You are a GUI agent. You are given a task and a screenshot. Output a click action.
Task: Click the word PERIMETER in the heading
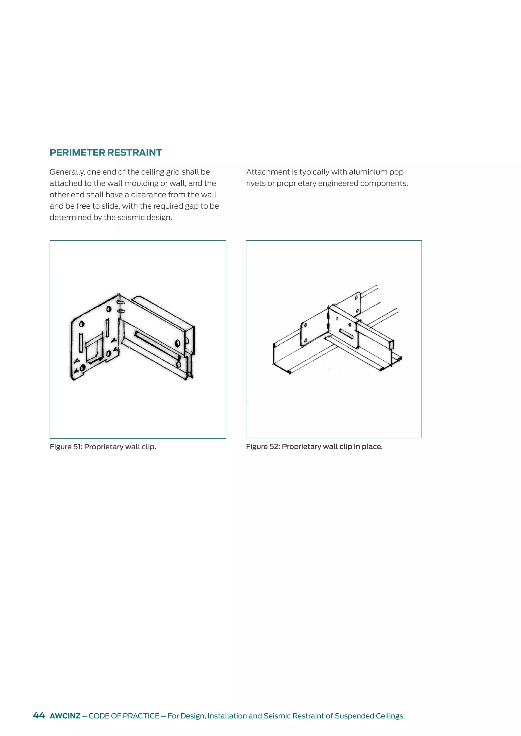tap(77, 152)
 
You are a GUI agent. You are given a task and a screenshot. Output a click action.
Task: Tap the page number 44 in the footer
tap(39, 715)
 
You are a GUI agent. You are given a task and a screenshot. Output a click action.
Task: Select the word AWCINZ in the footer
tap(65, 716)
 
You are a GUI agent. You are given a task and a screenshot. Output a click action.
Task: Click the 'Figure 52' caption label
tap(262, 447)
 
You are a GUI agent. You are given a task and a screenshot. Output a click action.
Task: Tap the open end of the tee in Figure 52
tap(392, 345)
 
